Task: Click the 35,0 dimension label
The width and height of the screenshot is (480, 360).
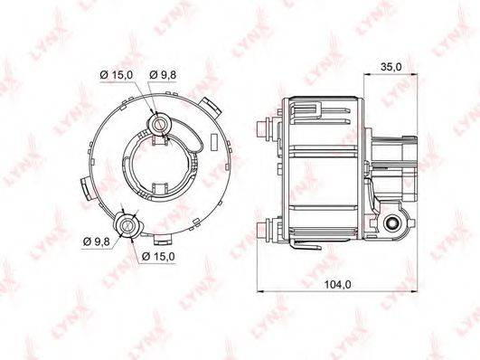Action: (391, 67)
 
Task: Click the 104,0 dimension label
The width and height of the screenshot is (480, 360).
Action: (337, 285)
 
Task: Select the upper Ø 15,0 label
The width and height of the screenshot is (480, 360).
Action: (117, 75)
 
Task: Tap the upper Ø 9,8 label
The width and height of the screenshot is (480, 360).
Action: (163, 75)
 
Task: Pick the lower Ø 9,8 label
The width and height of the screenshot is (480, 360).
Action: (97, 242)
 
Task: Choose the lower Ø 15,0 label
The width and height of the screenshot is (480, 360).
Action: (158, 257)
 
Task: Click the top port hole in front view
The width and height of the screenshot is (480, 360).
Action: (160, 124)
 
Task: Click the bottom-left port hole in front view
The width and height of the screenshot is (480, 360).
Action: (127, 225)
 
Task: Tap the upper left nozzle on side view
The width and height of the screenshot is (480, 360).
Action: (264, 128)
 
